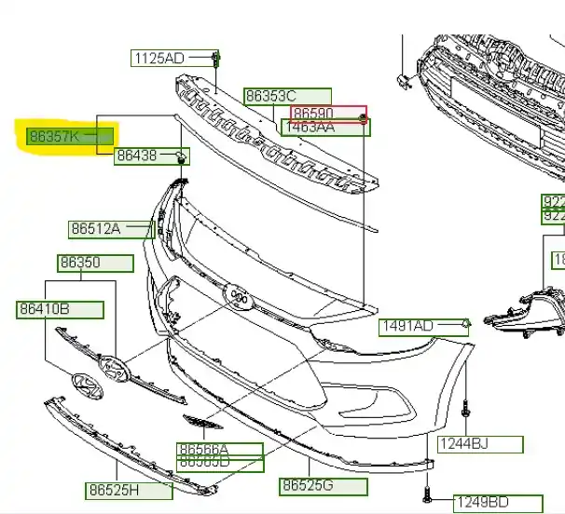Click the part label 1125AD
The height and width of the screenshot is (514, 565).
160,59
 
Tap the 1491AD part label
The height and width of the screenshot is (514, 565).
407,326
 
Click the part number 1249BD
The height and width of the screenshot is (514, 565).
484,504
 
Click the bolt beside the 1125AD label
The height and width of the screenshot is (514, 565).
215,60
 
